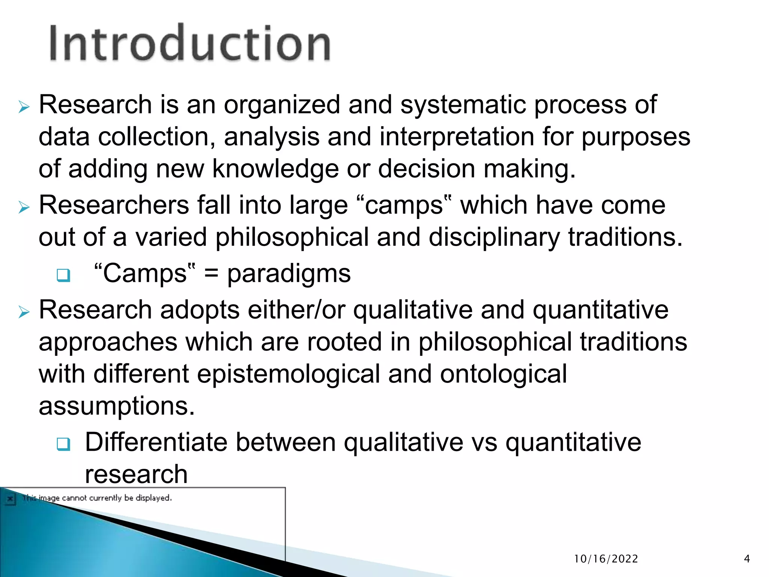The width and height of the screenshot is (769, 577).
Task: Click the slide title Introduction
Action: tap(190, 43)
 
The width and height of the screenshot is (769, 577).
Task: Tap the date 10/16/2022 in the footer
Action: tap(606, 559)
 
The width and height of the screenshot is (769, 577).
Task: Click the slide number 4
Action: tap(747, 559)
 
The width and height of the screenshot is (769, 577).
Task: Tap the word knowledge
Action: tap(275, 169)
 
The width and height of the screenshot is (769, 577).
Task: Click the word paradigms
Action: tap(289, 273)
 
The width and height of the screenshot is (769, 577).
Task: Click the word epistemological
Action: tap(288, 375)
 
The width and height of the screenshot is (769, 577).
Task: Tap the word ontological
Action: tap(503, 375)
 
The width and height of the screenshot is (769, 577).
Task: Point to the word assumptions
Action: tap(117, 406)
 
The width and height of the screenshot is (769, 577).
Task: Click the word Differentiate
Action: tap(156, 442)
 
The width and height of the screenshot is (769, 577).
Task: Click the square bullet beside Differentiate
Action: tap(63, 444)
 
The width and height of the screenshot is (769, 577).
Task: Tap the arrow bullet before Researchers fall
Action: tap(24, 207)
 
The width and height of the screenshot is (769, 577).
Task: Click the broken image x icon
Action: tap(10, 499)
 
